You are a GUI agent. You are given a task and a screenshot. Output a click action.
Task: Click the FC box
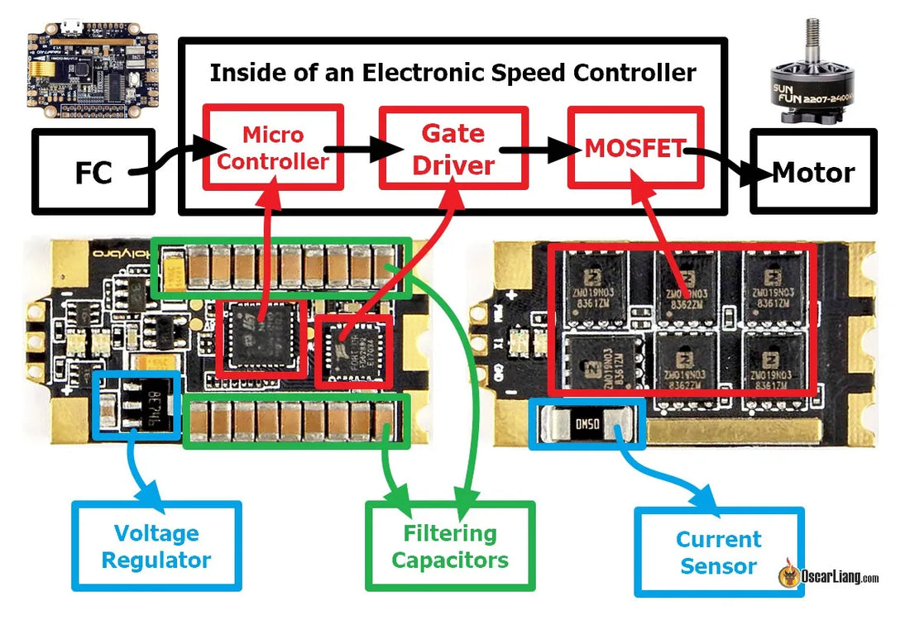93,170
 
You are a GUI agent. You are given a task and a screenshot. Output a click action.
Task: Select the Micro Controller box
273,148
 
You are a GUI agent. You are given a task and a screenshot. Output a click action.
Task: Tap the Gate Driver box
453,148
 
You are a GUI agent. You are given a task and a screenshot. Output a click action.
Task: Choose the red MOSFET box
635,148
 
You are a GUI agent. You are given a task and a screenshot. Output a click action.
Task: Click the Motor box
812,171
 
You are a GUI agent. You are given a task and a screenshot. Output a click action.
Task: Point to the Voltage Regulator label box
156,546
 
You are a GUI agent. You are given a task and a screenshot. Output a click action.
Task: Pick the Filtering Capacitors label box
450,546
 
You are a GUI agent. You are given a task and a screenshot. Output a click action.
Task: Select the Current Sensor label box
718,551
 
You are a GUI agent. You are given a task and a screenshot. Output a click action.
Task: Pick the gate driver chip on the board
355,348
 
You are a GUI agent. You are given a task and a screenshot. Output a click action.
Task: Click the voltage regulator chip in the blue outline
139,404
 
